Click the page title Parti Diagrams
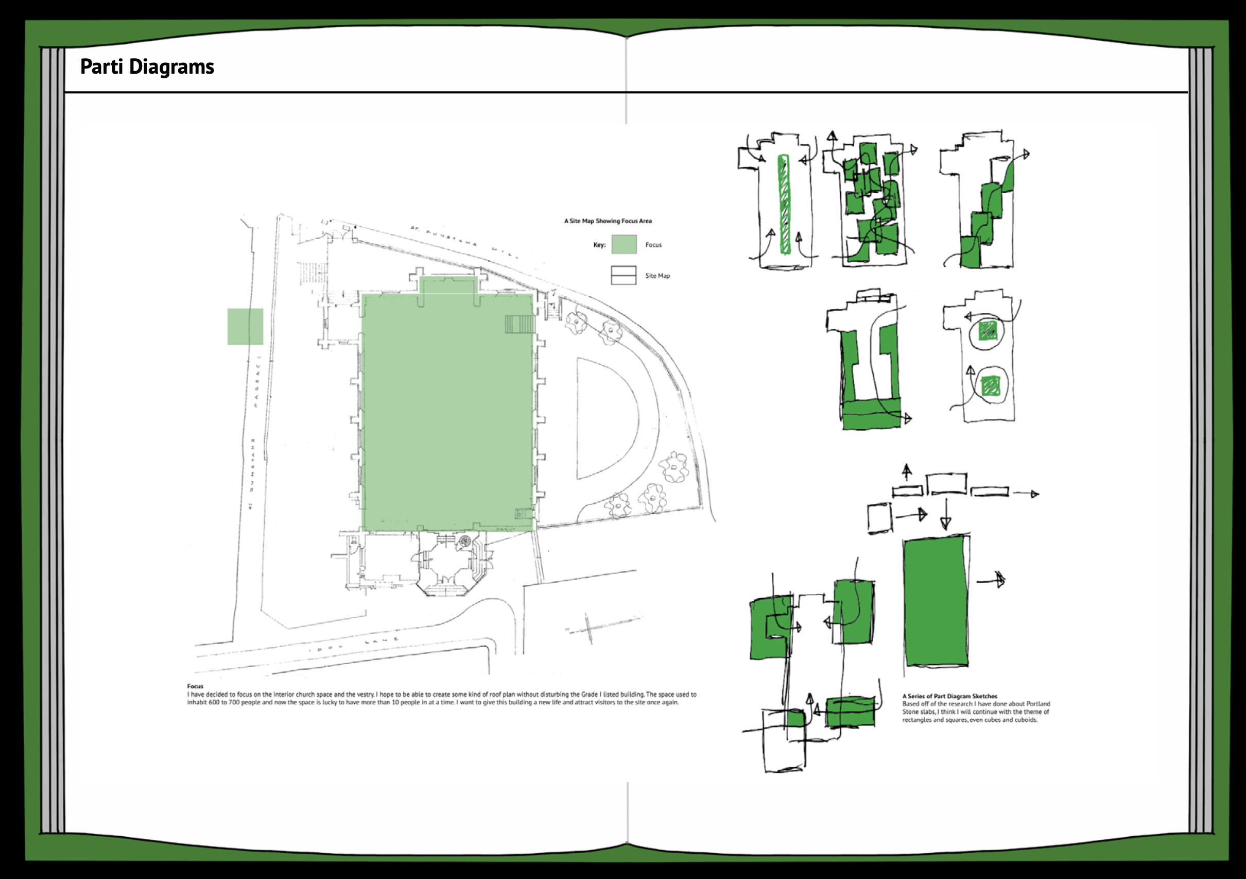[x=147, y=67]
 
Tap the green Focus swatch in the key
[x=624, y=244]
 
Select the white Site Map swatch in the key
[x=624, y=275]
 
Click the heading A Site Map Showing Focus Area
[x=608, y=221]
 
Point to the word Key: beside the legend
[x=599, y=245]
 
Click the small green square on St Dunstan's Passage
[x=245, y=326]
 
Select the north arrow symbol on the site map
[x=589, y=628]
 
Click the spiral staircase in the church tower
[x=465, y=541]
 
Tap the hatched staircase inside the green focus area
[x=520, y=325]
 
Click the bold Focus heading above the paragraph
[x=195, y=686]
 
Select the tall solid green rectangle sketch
[x=936, y=602]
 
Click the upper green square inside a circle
[x=988, y=330]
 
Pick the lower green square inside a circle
[x=991, y=385]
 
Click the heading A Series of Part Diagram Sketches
[x=950, y=696]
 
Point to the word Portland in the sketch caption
[x=1038, y=704]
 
